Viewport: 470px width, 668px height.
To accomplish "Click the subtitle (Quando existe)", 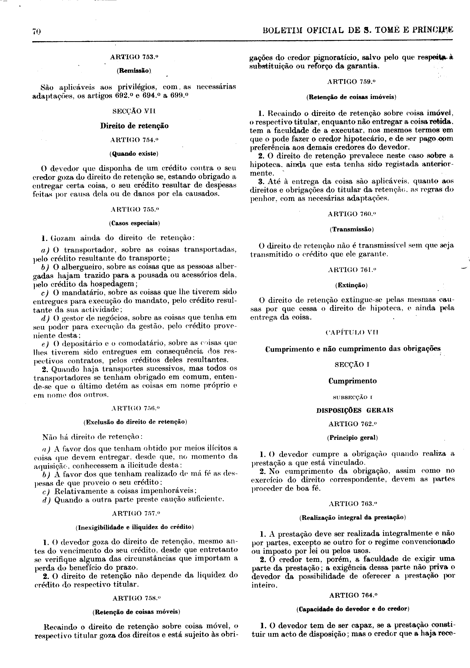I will [x=134, y=154].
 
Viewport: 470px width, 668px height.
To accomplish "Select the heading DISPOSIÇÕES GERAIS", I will [x=355, y=410].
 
